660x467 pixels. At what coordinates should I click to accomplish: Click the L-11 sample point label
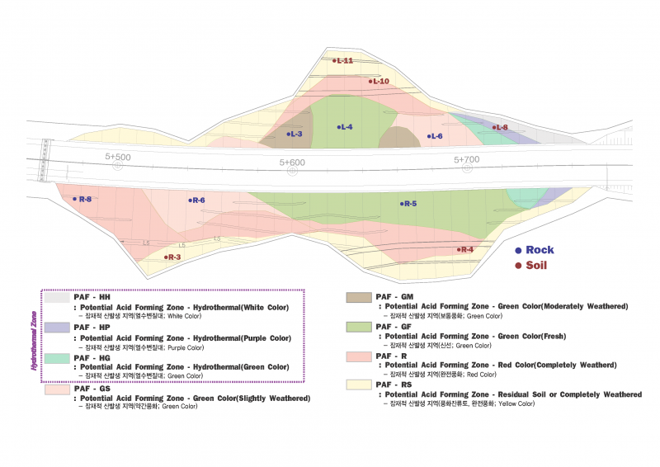point(343,60)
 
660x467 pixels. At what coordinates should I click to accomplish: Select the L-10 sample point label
point(379,81)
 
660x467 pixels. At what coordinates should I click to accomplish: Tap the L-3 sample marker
point(295,134)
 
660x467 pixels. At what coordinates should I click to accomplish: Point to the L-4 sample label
point(346,126)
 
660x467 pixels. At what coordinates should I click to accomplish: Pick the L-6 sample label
point(435,136)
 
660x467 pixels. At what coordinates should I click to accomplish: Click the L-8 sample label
point(500,127)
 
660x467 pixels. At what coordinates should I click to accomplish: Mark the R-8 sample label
point(82,199)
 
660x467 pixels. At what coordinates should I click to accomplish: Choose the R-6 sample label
point(196,200)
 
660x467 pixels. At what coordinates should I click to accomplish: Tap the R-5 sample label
point(408,204)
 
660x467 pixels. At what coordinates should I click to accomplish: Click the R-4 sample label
point(465,249)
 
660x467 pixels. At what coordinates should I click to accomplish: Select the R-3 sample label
point(172,257)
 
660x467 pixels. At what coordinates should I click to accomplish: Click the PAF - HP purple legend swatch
point(57,328)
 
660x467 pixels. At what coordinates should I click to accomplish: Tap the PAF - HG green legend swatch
point(57,358)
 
